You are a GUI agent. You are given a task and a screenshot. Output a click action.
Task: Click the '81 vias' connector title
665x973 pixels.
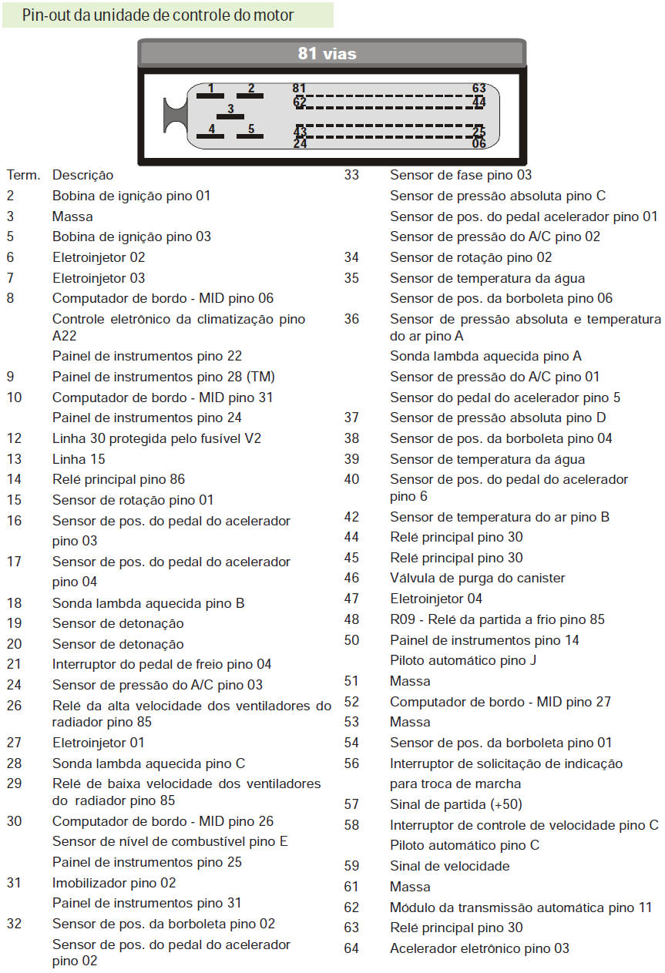point(327,53)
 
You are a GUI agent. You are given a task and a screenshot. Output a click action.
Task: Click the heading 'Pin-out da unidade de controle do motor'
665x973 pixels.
point(158,15)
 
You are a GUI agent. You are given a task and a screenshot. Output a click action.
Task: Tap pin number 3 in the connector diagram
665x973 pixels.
point(230,109)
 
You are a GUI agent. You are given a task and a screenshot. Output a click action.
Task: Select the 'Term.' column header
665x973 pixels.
point(23,176)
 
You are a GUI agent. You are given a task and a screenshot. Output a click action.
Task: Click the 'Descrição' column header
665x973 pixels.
point(82,176)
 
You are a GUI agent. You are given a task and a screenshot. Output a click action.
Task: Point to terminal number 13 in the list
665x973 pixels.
point(14,459)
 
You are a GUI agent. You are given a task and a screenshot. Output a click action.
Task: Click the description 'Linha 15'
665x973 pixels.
point(79,459)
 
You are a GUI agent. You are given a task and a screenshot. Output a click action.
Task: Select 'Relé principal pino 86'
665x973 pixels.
point(119,479)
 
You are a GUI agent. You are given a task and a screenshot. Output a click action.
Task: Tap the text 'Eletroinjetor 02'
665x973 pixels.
point(99,257)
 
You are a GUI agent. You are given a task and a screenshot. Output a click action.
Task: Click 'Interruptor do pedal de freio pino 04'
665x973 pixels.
point(162,664)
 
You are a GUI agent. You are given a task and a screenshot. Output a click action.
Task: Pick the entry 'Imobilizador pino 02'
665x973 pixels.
point(114,883)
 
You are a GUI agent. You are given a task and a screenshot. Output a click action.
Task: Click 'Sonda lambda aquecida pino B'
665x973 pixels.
point(149,603)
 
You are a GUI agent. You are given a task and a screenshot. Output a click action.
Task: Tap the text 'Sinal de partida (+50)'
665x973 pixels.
point(456,804)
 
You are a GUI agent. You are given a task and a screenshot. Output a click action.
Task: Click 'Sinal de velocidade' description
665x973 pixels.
point(450,866)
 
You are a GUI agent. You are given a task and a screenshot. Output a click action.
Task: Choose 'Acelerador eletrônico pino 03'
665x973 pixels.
point(480,948)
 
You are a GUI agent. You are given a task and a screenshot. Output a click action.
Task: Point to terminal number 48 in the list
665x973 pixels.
point(351,619)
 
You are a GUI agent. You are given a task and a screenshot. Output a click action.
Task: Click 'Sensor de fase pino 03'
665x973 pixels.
point(461,175)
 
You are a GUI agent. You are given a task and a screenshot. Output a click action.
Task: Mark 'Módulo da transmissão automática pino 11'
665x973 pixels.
point(521,908)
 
